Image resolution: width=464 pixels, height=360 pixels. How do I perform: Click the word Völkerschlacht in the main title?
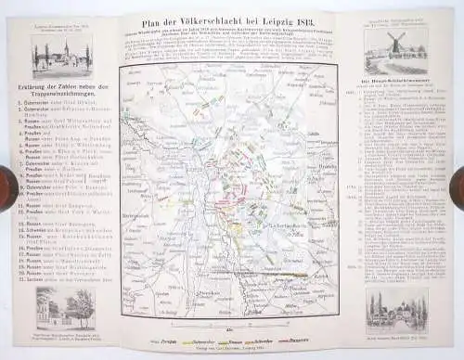tap(216, 28)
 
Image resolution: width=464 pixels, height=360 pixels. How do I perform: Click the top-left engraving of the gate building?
tap(52, 57)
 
